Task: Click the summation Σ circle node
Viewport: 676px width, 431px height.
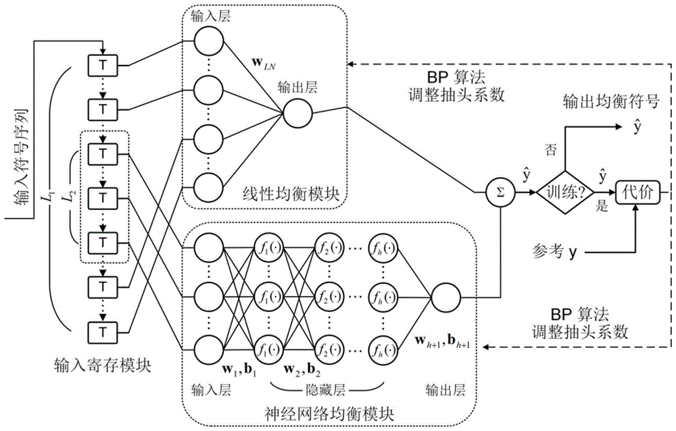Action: [x=500, y=193]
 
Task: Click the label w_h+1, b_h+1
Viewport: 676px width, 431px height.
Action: [x=443, y=344]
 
